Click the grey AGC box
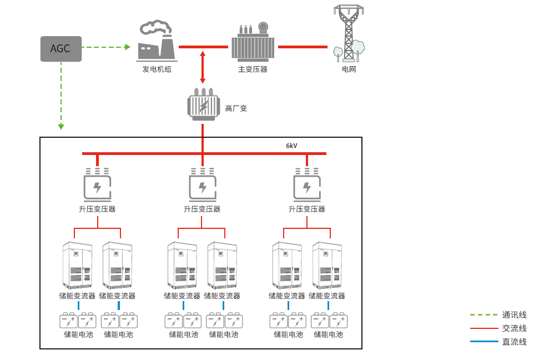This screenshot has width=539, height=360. click(x=61, y=48)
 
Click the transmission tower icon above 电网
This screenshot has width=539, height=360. click(x=349, y=34)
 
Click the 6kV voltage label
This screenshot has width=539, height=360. click(x=291, y=146)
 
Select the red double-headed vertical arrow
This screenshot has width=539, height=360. click(x=203, y=67)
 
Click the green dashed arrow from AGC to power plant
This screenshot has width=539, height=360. click(x=106, y=47)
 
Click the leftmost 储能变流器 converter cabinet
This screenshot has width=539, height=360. click(x=78, y=265)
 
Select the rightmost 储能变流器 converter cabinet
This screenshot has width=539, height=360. click(x=328, y=265)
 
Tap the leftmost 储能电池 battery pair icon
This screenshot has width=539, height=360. click(x=78, y=321)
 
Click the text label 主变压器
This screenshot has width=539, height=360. click(x=253, y=69)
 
